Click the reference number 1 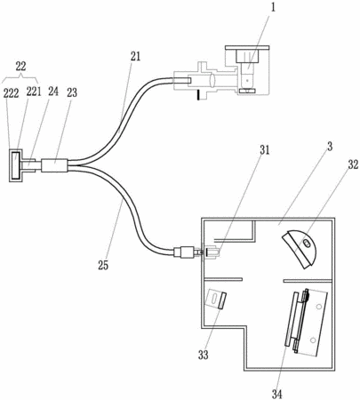273,7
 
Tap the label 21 135,56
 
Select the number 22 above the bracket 20,67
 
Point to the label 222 11,93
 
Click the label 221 34,92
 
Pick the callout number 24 53,92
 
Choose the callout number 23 72,92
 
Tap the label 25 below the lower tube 103,265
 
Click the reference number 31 265,150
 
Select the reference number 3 330,147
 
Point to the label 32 353,165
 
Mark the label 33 204,355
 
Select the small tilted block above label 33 217,300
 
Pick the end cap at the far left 15,165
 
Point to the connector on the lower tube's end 184,252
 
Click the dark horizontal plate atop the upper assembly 247,47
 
